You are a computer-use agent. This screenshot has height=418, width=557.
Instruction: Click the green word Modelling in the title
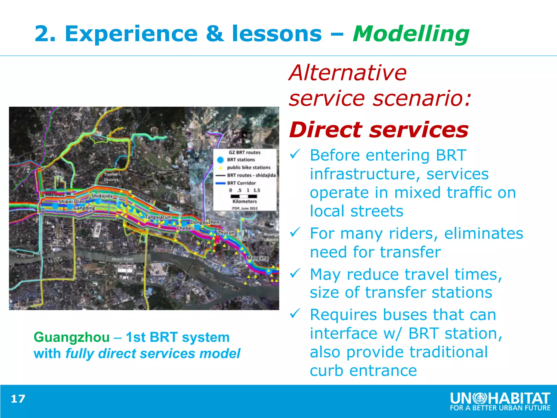(411, 34)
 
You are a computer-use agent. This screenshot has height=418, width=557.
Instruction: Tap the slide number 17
(18, 399)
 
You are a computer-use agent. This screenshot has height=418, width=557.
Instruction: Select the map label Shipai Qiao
(72, 201)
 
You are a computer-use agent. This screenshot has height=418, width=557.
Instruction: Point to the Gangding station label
(84, 208)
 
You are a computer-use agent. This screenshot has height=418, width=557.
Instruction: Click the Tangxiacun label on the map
(158, 217)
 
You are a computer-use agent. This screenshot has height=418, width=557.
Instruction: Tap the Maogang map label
(257, 258)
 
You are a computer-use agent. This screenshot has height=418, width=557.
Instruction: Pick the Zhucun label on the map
(226, 233)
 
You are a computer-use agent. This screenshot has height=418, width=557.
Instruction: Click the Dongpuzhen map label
(205, 222)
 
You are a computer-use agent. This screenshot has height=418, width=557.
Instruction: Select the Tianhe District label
(111, 177)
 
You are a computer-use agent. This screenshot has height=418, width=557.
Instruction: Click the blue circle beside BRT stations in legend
(220, 160)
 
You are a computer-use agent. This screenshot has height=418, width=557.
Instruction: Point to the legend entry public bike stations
(249, 167)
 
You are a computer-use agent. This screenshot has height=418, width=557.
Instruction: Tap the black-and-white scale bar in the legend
(244, 196)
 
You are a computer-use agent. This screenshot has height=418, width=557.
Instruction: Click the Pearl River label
(123, 259)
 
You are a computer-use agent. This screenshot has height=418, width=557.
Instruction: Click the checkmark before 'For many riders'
(295, 232)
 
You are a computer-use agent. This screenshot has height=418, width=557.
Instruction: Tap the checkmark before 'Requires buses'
(295, 313)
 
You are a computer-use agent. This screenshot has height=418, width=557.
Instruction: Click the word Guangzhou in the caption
(72, 337)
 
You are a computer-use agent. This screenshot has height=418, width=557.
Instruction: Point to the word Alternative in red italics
(348, 73)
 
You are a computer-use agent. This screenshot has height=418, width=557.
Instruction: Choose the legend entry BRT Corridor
(241, 183)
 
